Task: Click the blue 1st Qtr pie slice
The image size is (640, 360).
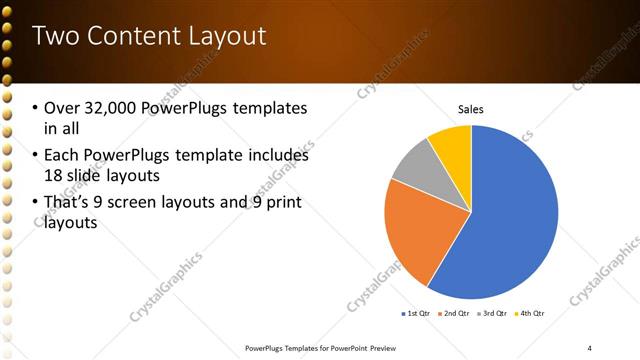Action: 510,220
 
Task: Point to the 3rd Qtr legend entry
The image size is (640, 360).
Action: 492,313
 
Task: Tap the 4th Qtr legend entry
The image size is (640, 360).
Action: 530,313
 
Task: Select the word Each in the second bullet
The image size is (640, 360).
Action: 61,155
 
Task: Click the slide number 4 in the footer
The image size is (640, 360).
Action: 589,346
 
